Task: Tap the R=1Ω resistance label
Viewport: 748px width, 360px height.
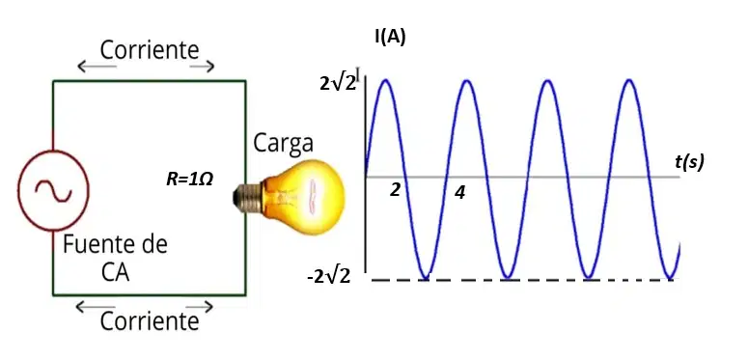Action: click(x=189, y=180)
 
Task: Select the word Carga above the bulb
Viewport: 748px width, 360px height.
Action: click(x=284, y=143)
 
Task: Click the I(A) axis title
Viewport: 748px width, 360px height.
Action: click(x=390, y=39)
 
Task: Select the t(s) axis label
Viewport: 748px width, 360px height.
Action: click(x=689, y=162)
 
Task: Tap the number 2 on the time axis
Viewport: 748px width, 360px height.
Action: click(x=395, y=190)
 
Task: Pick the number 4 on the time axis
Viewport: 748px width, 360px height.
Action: click(x=459, y=193)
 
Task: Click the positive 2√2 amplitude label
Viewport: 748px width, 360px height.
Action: click(x=338, y=83)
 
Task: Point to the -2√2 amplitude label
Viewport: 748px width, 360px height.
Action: click(x=329, y=276)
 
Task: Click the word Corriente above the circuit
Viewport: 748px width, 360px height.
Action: click(x=150, y=49)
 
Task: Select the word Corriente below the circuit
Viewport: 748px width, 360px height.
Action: click(x=150, y=321)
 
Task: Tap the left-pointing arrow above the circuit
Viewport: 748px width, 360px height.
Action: click(x=97, y=67)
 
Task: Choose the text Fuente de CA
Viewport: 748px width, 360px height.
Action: click(x=116, y=259)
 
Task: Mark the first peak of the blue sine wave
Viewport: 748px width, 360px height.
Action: click(x=385, y=80)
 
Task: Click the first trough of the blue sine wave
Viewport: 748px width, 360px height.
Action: click(x=425, y=278)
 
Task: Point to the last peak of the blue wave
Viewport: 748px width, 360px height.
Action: click(x=629, y=80)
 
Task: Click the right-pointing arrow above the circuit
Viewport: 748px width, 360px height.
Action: click(x=202, y=67)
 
